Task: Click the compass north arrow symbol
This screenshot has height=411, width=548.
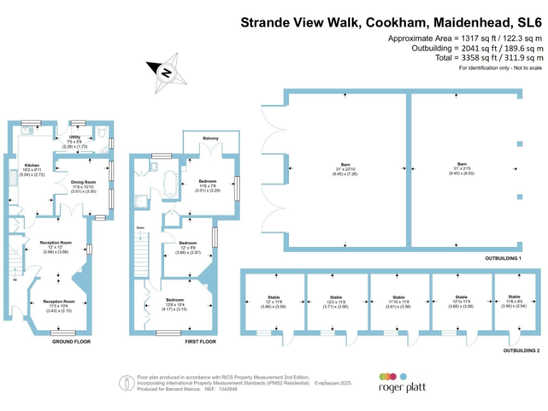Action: tap(165, 71)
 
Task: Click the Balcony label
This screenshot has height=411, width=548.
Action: tap(210, 138)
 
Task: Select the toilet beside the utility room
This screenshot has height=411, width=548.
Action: tap(103, 133)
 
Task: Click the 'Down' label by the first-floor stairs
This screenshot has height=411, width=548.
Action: tap(141, 228)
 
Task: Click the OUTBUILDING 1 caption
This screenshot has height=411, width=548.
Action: tap(504, 257)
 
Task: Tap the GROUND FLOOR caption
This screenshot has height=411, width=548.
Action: tap(71, 342)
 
